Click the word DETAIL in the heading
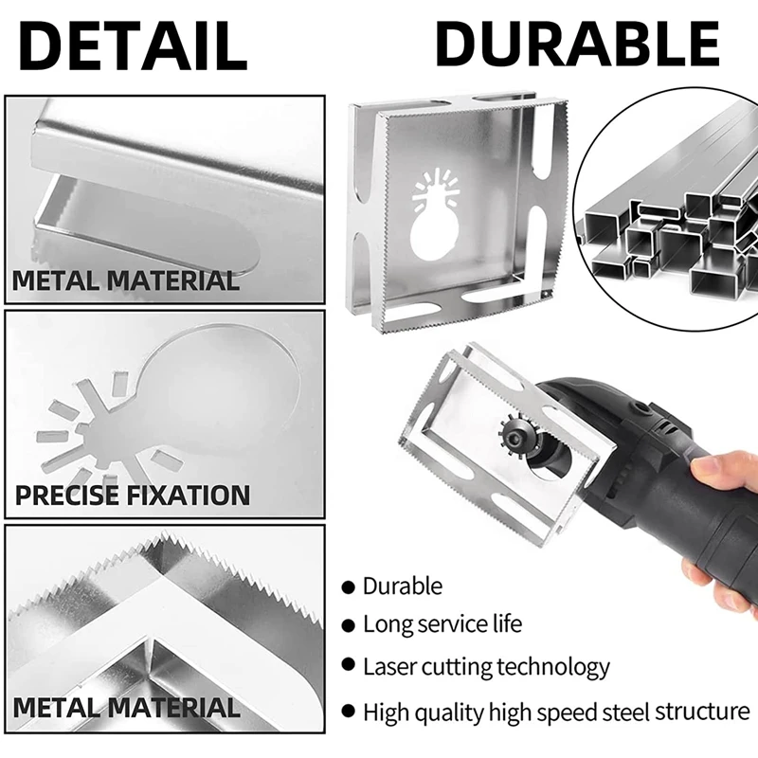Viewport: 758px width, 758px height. (134, 44)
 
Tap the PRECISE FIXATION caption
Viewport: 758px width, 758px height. (132, 495)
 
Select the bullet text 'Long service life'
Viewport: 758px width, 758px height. (442, 624)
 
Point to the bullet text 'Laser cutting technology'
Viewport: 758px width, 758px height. (486, 667)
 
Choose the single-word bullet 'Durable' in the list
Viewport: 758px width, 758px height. (403, 587)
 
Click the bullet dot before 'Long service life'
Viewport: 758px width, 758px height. (349, 625)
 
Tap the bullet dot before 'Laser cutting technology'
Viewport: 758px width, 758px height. (349, 667)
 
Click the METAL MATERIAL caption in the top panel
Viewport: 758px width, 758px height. (124, 280)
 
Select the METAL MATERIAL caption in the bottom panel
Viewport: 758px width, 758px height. (126, 708)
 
